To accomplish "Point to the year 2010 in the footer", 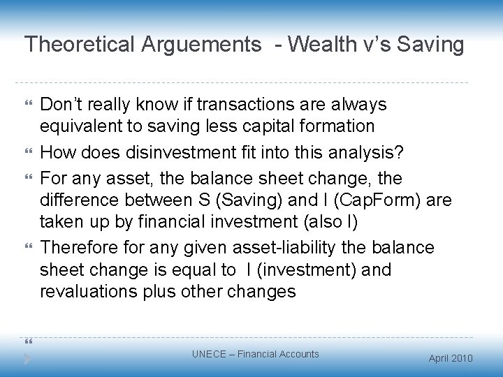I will pyautogui.click(x=461, y=358).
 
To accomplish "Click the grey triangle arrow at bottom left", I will pyautogui.click(x=28, y=357).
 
